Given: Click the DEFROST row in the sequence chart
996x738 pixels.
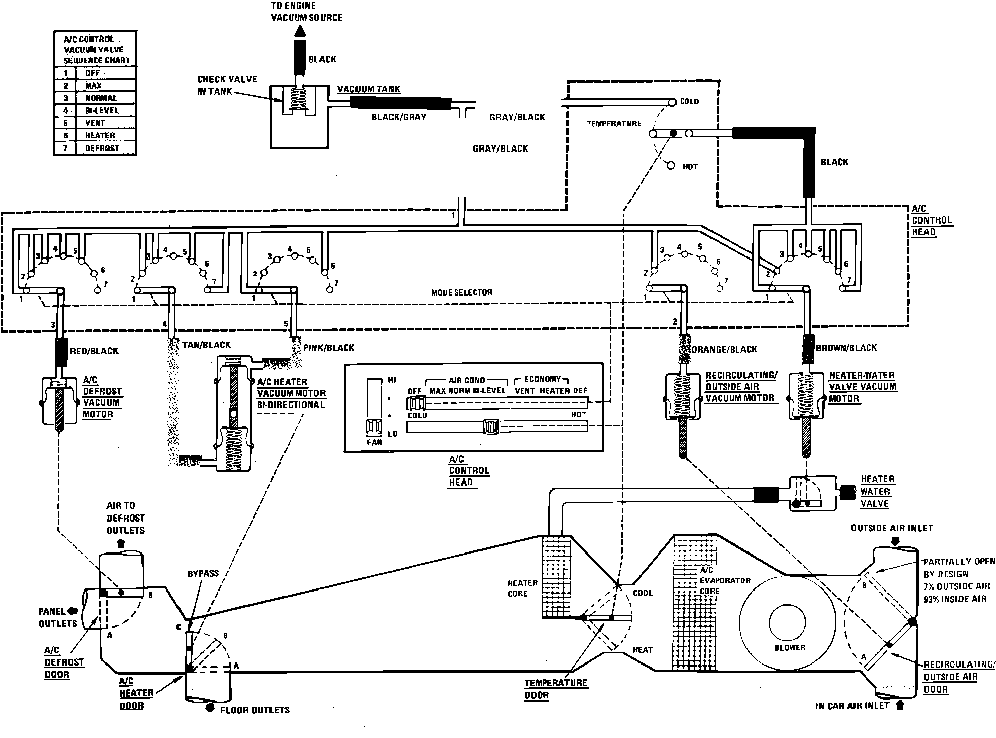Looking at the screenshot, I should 101,149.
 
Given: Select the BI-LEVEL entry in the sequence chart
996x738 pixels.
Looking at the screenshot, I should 101,110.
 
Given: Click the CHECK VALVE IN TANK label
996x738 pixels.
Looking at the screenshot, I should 227,85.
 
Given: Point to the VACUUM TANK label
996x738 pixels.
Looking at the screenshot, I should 369,89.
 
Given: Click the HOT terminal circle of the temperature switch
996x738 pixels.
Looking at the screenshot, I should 671,166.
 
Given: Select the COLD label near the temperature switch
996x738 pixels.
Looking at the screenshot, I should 689,102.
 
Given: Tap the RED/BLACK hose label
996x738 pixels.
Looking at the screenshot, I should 94,351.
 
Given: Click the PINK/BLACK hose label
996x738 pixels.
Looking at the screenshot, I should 329,348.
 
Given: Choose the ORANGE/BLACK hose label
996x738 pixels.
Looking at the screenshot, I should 724,349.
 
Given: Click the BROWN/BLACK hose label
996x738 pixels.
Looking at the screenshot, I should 846,348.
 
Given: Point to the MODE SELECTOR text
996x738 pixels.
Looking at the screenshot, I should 461,292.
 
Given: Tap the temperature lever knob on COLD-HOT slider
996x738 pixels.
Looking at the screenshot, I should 491,427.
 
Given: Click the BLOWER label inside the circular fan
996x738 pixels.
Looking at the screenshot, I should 790,648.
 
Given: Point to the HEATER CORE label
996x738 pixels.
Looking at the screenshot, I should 522,588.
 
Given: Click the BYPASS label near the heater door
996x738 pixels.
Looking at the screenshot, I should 203,574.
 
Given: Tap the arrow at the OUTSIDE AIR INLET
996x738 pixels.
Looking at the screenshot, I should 895,541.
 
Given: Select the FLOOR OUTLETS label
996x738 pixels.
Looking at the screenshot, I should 254,710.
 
